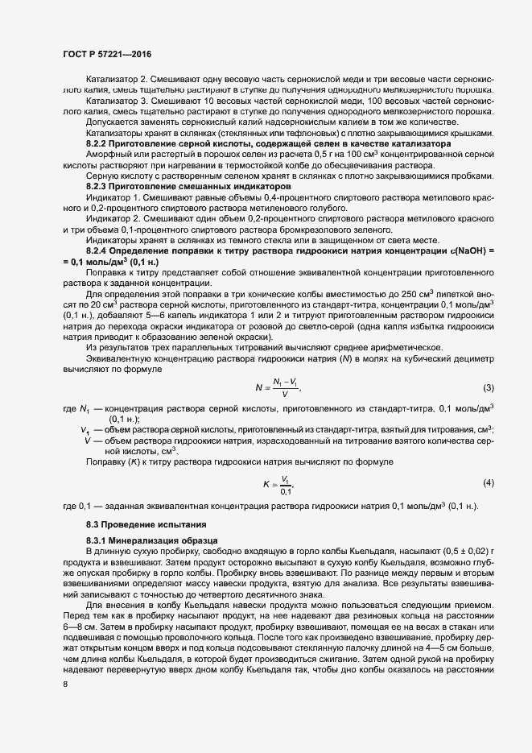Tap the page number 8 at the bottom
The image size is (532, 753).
[x=64, y=685]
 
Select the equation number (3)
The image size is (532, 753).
[x=488, y=387]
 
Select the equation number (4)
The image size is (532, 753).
[x=488, y=482]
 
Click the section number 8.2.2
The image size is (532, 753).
[x=98, y=143]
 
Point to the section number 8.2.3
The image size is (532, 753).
[x=98, y=187]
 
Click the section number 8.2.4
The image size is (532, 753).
[x=98, y=251]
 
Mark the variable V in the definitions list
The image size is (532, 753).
[x=86, y=441]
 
